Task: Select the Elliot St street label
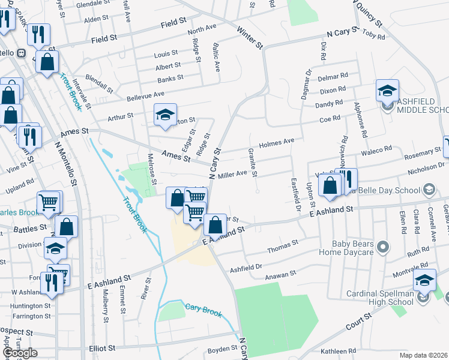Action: pyautogui.click(x=102, y=347)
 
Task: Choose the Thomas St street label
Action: pyautogui.click(x=282, y=246)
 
